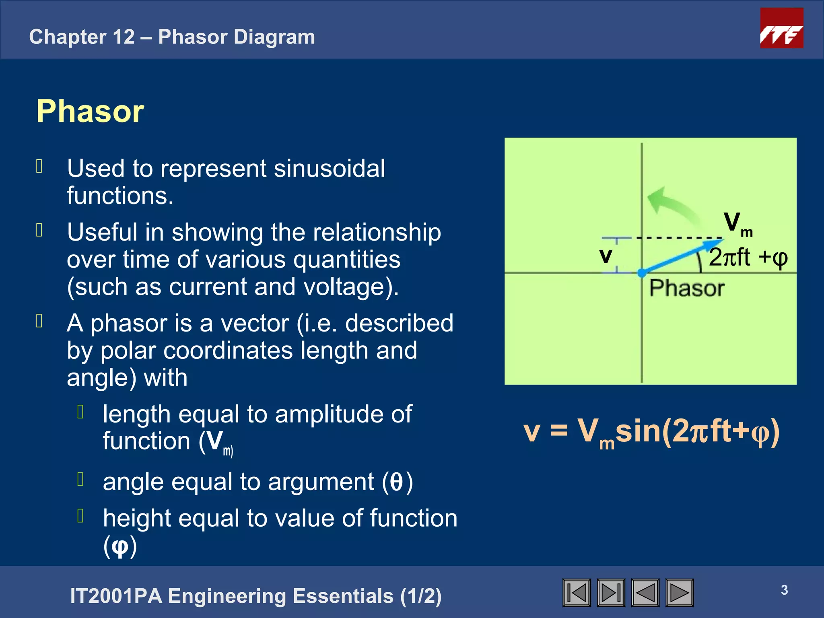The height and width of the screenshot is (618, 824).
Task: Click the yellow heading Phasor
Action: [90, 111]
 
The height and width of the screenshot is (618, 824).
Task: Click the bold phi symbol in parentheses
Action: [120, 546]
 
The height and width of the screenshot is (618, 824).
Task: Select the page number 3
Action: [784, 590]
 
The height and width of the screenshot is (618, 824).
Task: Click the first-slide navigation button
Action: [577, 593]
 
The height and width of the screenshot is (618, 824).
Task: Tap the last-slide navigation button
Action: [611, 593]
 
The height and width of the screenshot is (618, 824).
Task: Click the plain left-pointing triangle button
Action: [645, 593]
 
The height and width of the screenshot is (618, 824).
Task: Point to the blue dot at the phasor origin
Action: [642, 273]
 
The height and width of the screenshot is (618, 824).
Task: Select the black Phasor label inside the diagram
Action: [686, 288]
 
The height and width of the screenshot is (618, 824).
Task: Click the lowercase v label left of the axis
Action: [606, 255]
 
